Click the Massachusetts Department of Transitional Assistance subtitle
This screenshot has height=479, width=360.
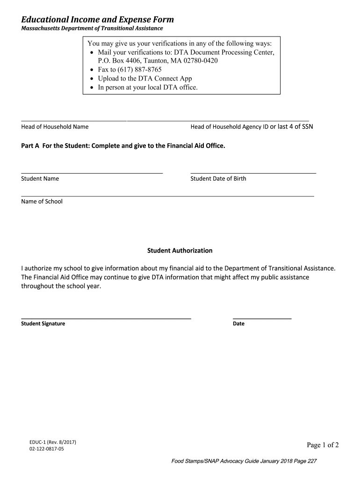pos(92,29)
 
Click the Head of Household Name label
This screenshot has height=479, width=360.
pos(55,127)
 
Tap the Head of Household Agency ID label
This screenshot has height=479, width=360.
pos(229,127)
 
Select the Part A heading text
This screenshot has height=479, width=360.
pos(123,146)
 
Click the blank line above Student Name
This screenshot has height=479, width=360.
pos(92,173)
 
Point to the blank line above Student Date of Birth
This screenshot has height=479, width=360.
pos(253,173)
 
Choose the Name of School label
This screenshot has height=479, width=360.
pos(42,202)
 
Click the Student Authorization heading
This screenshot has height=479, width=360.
pos(180,251)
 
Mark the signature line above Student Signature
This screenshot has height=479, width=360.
pos(106,319)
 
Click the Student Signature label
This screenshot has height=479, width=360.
pos(43,324)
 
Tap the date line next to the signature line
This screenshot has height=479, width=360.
pos(262,319)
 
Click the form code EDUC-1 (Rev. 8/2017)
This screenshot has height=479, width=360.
pos(52,442)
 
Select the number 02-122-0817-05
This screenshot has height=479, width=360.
pos(46,449)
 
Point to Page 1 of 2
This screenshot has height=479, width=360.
pos(323,445)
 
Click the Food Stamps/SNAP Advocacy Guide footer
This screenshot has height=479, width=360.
pos(245,461)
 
